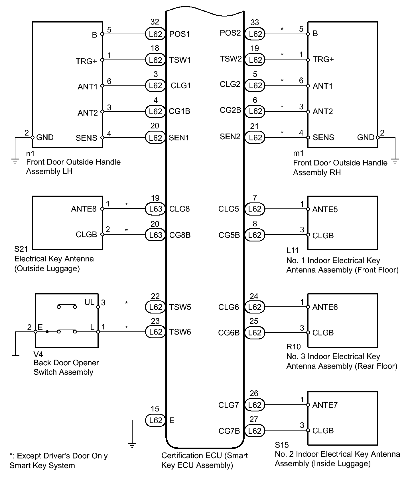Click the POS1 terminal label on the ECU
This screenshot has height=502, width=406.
coord(179,34)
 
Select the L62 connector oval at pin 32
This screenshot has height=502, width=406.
coord(155,34)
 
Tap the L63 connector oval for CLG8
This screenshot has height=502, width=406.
coord(155,209)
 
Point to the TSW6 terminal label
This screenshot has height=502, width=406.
coord(180,332)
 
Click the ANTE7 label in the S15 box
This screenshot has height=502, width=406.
coord(325,405)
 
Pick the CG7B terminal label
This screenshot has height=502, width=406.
coord(229,431)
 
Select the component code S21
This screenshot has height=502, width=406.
coord(21,249)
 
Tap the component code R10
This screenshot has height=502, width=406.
coord(293,347)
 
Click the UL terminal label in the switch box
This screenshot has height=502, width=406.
coord(89,302)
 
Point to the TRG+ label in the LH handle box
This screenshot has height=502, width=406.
coord(86,61)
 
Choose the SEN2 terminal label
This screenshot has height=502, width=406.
coord(230,137)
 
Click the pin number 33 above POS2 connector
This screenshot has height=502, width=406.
coord(255,22)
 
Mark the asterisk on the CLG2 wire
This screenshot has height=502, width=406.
coord(282,81)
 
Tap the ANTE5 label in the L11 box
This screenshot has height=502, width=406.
coord(325,210)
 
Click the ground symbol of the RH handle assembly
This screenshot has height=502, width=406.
coord(395,162)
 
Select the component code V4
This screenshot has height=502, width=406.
coord(38,354)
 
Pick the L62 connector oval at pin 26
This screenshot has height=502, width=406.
coord(255,405)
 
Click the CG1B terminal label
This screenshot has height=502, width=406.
coord(179,111)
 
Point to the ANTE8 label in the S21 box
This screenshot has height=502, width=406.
coord(84,209)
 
